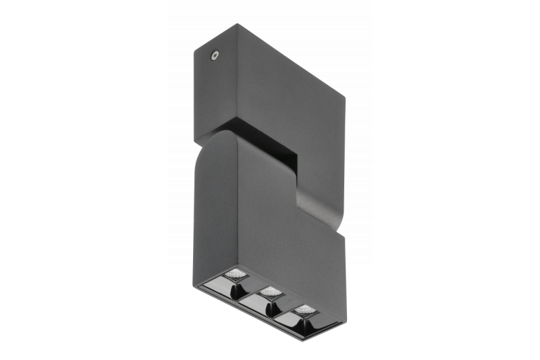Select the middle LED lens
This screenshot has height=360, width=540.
point(271,292)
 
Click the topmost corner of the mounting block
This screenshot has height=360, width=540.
point(238,25)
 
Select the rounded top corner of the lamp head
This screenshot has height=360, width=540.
point(209,138)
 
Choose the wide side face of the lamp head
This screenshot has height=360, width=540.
point(283,230)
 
